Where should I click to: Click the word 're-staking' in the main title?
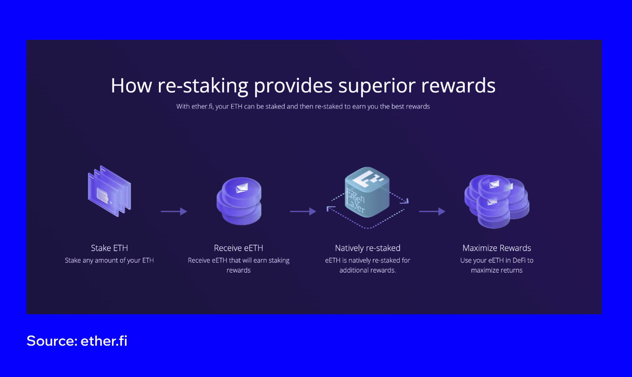point(202,86)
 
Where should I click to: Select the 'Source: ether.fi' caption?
point(77,341)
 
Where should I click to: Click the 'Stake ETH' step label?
point(109,248)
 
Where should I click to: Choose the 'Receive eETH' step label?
point(238,248)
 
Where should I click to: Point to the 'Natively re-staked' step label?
point(367,248)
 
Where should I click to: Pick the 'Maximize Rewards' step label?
point(496,248)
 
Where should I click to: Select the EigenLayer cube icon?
point(367,193)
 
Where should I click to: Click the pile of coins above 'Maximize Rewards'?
point(496,201)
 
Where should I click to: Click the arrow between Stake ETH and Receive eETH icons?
point(174,211)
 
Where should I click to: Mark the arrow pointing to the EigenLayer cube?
point(303,211)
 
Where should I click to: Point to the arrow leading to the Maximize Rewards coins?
point(432,211)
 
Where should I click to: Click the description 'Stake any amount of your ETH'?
point(109,260)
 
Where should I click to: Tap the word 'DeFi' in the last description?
point(519,260)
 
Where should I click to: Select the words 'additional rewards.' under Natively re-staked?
point(367,270)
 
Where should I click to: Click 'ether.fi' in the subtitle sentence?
point(201,107)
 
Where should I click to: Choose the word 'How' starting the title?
point(131,86)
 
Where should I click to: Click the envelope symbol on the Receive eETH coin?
point(242,188)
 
